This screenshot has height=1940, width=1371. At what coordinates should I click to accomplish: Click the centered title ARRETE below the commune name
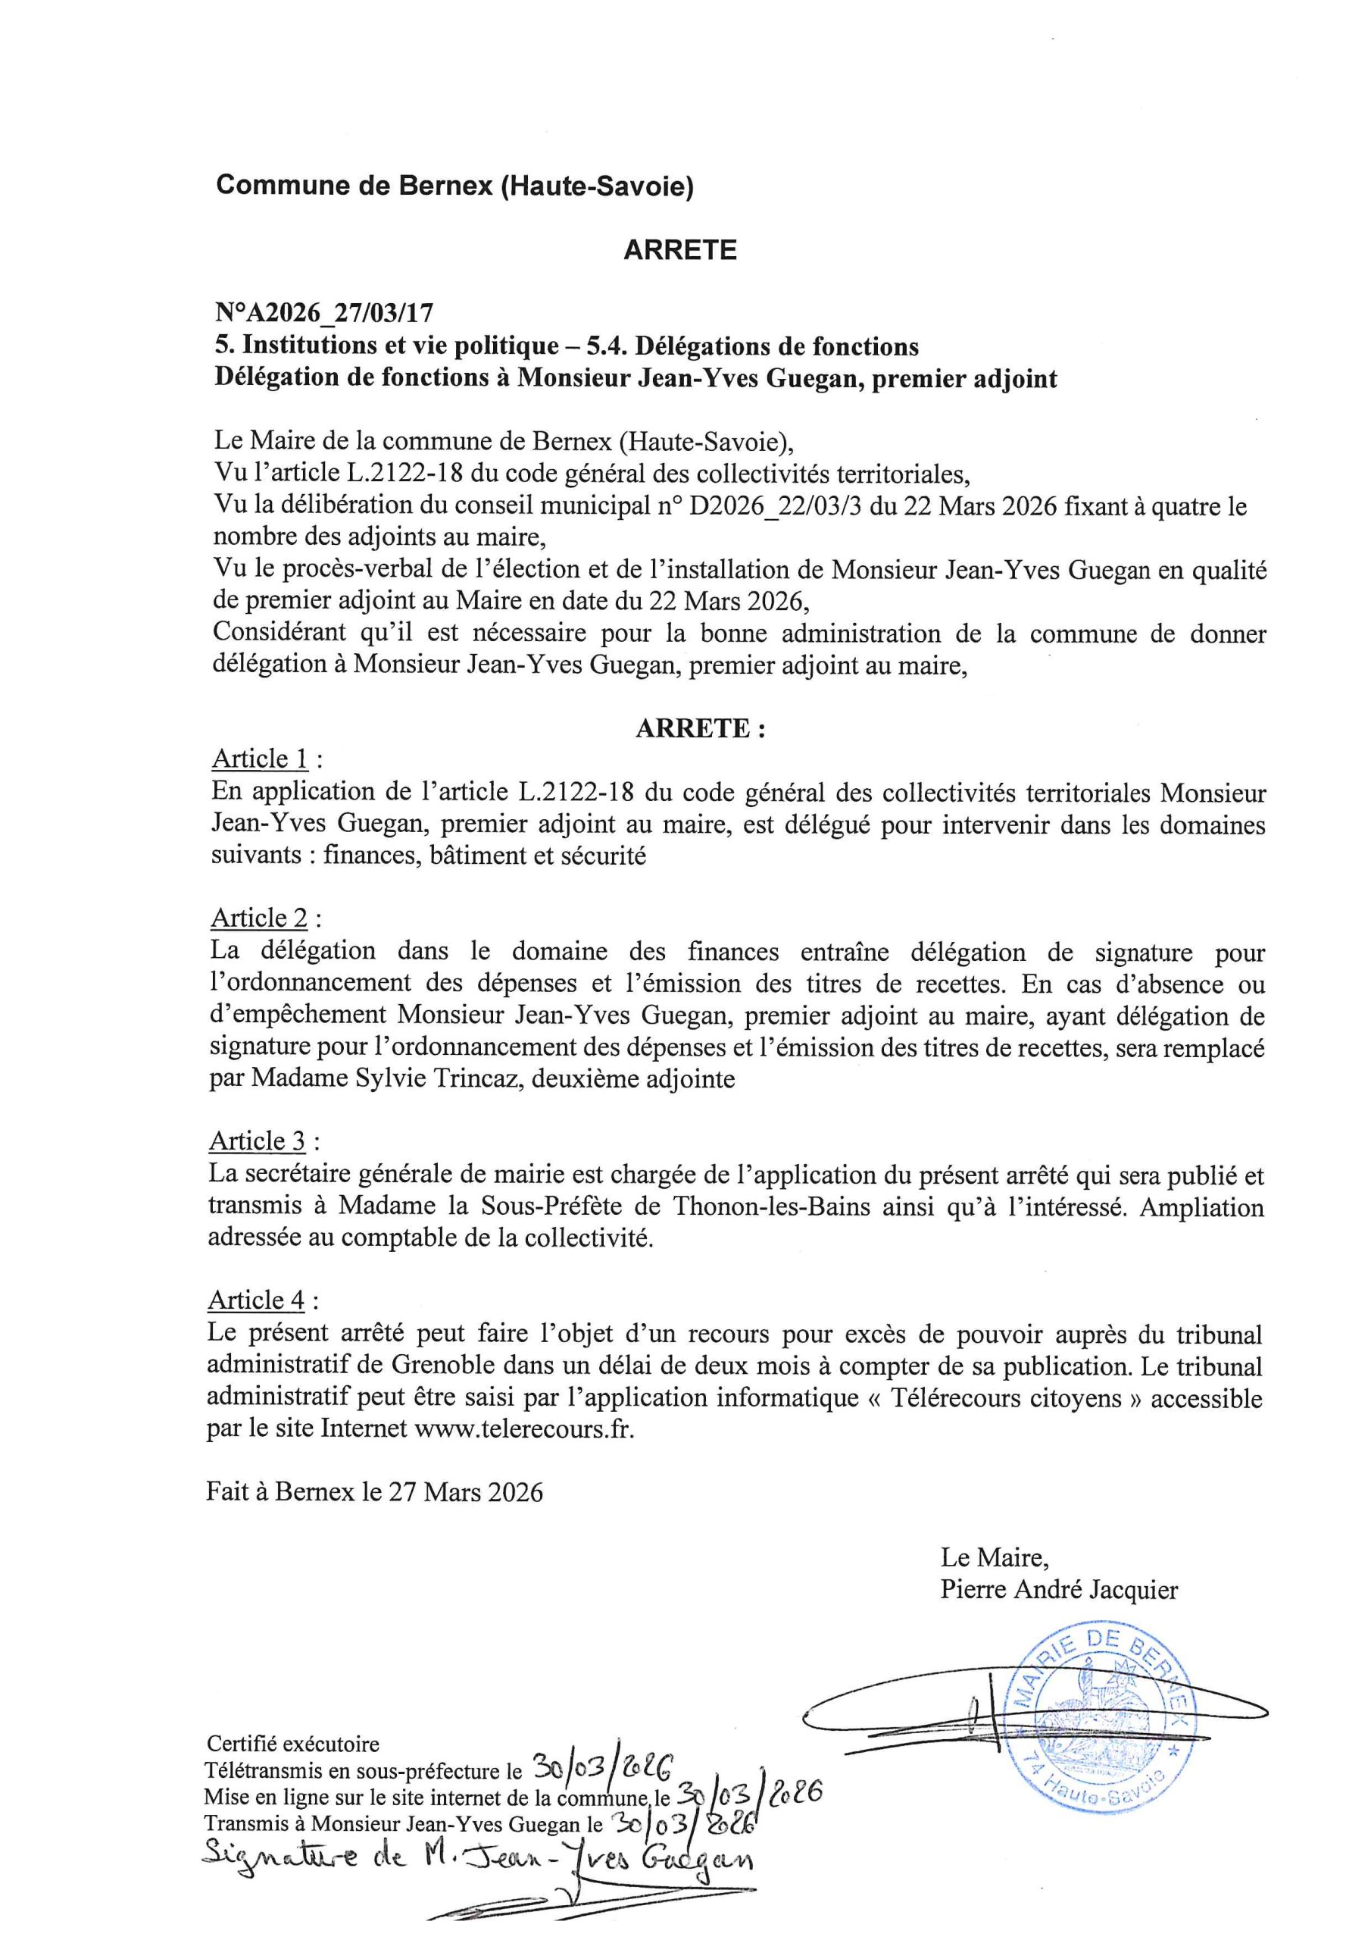coord(679,250)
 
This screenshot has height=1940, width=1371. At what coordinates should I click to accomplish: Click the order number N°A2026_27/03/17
coord(323,314)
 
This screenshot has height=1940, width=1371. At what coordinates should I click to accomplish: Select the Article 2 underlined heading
coord(259,918)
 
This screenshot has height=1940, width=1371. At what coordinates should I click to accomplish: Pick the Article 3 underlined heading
coord(258,1141)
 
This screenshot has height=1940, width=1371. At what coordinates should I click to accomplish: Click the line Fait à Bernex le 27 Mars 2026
coord(374,1491)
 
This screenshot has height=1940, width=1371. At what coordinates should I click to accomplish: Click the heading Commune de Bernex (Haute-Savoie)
coord(454,185)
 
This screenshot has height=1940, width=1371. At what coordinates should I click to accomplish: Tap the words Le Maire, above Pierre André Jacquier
coord(995,1557)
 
